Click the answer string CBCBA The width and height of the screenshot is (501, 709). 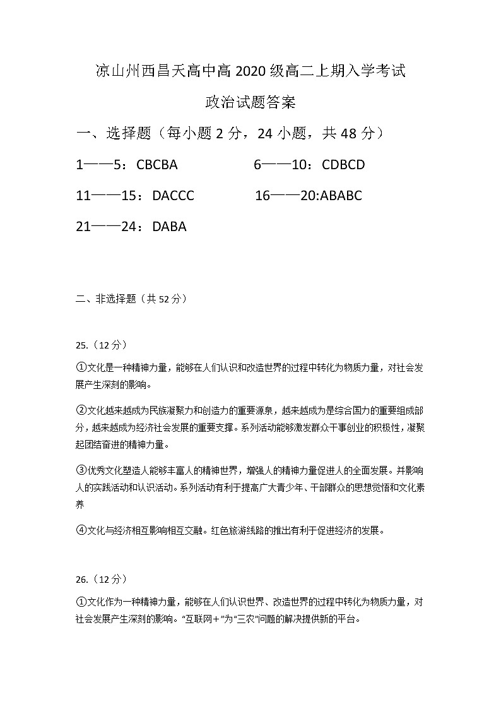157,165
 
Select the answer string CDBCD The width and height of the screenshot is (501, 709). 343,165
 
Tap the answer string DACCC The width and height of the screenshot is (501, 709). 173,196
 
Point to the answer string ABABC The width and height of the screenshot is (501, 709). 341,196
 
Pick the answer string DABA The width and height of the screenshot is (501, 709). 169,226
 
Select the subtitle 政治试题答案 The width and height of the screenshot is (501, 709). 250,102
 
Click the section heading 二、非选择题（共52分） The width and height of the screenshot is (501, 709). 131,299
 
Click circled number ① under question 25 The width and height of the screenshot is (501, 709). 81,367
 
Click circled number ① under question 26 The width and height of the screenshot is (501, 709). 81,602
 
